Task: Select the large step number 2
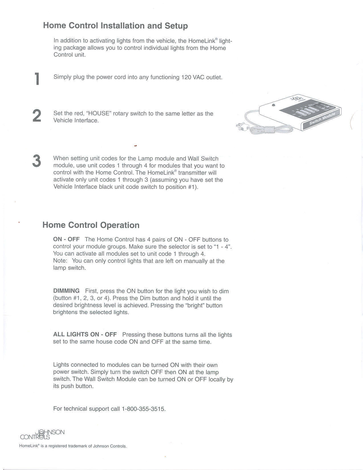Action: click(37, 116)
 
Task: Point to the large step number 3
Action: click(36, 161)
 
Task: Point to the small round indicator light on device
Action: click(274, 105)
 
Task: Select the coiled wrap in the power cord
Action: click(269, 130)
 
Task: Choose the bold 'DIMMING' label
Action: click(66, 291)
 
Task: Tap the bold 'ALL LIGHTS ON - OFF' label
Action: click(85, 334)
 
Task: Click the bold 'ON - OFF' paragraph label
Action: click(66, 239)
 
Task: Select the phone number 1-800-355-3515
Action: click(143, 409)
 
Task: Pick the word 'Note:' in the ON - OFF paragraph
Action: click(60, 261)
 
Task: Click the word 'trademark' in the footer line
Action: click(77, 446)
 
